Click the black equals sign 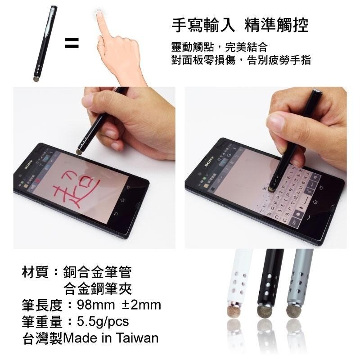point(72,44)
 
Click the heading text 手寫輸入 point(203,25)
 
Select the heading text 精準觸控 point(277,25)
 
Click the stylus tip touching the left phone point(80,152)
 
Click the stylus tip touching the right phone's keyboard point(272,189)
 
